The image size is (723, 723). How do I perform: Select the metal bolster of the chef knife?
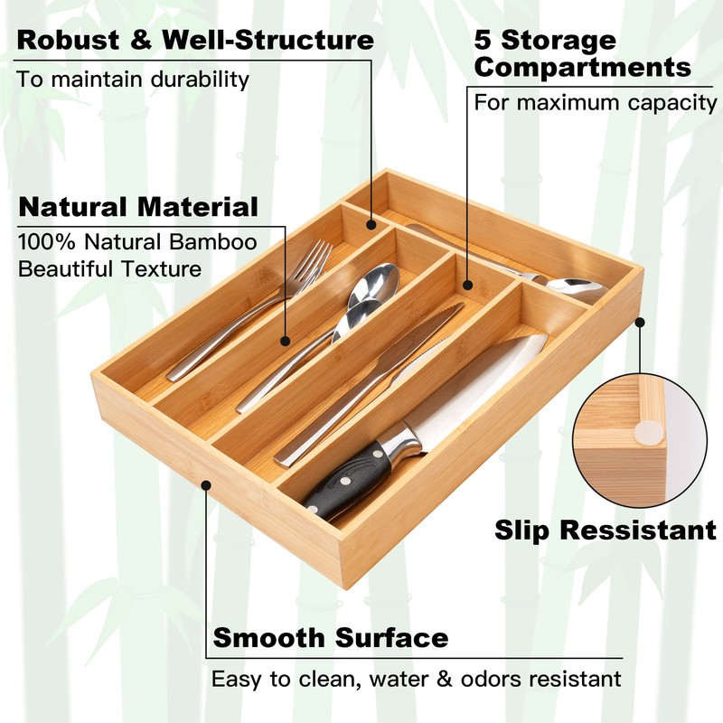[401, 442]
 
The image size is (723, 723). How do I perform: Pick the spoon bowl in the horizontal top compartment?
[576, 288]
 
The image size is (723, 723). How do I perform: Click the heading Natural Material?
[137, 206]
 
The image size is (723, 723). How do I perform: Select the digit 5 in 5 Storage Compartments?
[484, 41]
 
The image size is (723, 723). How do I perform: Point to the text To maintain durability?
[133, 79]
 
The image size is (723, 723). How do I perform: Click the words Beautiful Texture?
[109, 269]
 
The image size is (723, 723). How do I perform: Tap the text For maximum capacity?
[596, 102]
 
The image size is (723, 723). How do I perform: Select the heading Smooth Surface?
[330, 638]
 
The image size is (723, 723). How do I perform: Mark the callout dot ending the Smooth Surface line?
[207, 484]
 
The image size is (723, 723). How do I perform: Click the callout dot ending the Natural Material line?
[286, 342]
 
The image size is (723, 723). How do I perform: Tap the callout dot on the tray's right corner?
[641, 320]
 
